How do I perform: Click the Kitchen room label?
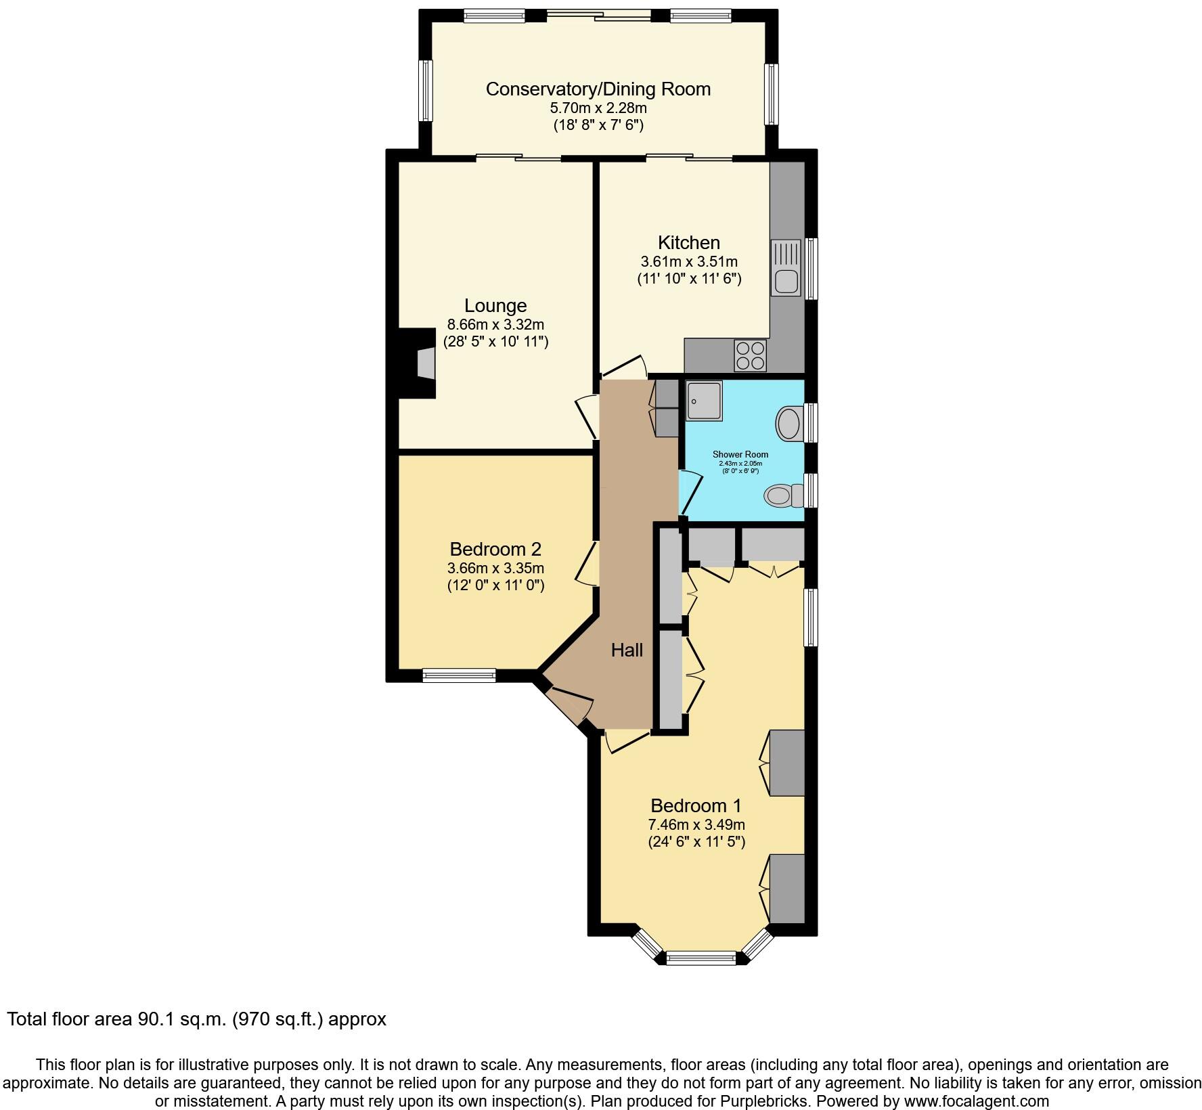pyautogui.click(x=688, y=242)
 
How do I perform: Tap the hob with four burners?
pyautogui.click(x=750, y=355)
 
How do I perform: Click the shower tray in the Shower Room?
pyautogui.click(x=703, y=401)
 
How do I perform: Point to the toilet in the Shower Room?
pyautogui.click(x=781, y=495)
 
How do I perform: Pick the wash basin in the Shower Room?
pyautogui.click(x=788, y=424)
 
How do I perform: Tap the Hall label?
pyautogui.click(x=627, y=650)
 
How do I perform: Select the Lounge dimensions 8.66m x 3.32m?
pyautogui.click(x=495, y=324)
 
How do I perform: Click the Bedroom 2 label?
pyautogui.click(x=495, y=549)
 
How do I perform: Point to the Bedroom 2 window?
pyautogui.click(x=459, y=675)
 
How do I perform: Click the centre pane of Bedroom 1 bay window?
pyautogui.click(x=700, y=957)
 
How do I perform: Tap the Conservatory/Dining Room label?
pyautogui.click(x=598, y=89)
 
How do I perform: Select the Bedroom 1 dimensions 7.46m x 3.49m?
pyautogui.click(x=696, y=824)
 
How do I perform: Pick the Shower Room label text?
pyautogui.click(x=740, y=455)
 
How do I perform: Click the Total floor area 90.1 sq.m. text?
pyautogui.click(x=196, y=1019)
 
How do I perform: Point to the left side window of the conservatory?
pyautogui.click(x=426, y=91)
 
